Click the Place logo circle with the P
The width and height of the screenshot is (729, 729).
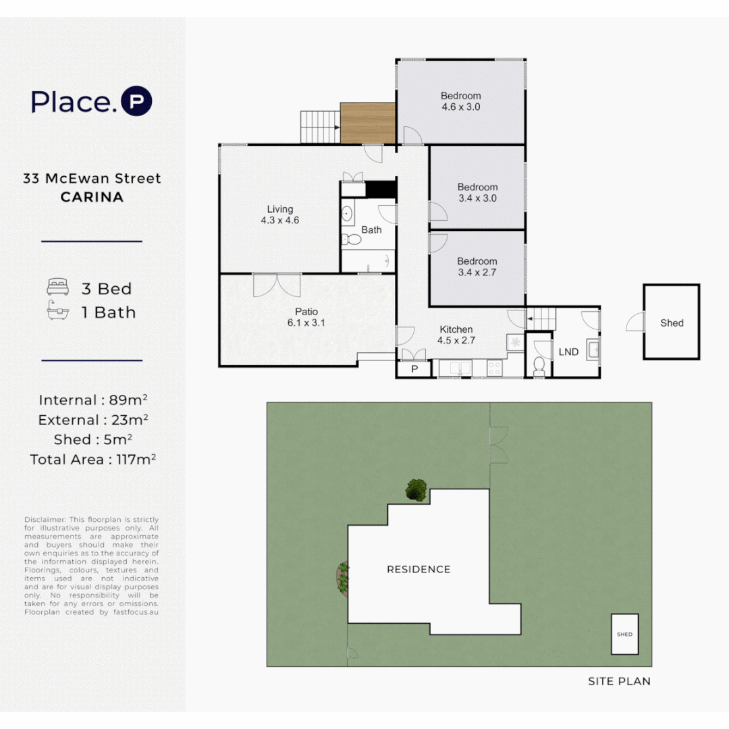[x=136, y=101]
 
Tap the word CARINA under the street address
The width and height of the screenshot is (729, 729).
[x=92, y=198]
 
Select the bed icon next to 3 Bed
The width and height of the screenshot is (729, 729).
[x=57, y=288]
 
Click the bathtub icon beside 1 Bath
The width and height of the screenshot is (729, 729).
[x=57, y=313]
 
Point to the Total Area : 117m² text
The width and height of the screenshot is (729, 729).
[x=93, y=460]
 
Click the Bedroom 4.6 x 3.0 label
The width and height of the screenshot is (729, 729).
[x=460, y=101]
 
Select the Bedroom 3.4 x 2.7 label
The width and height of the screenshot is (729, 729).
[x=477, y=267]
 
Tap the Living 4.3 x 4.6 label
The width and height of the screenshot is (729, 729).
[x=279, y=215]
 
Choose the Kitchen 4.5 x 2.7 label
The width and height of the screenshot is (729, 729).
[x=456, y=335]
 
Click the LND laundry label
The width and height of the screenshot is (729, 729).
[x=568, y=352]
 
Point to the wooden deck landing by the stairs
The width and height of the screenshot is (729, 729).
[x=368, y=123]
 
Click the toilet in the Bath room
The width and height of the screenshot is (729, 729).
[x=351, y=239]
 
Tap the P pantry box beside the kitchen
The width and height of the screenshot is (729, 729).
[x=414, y=369]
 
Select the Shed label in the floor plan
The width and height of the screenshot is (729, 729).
[x=672, y=323]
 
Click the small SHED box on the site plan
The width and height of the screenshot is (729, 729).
[x=624, y=634]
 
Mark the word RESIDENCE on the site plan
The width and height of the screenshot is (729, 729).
[x=418, y=570]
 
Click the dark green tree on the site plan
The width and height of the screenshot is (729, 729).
[x=416, y=489]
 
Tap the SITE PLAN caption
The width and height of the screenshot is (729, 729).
[x=619, y=681]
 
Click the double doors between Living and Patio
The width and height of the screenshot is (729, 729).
[x=277, y=285]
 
